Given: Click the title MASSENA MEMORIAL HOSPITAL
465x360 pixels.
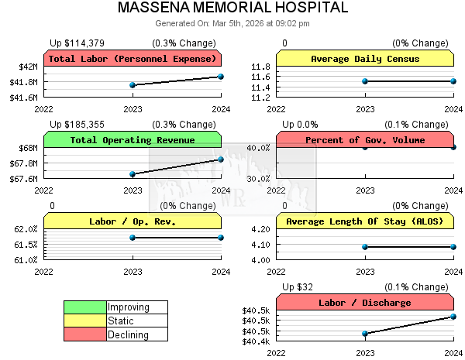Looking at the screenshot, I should (x=232, y=9).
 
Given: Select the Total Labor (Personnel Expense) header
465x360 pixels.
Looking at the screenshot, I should (x=132, y=59).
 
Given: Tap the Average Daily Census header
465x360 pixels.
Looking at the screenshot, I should (x=364, y=59).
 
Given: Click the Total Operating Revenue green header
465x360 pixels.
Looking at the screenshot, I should (x=132, y=140).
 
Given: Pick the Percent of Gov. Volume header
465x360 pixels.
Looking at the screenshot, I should (x=364, y=140).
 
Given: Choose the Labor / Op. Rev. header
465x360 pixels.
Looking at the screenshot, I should (x=132, y=221).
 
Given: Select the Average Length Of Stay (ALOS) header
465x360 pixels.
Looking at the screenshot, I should (x=364, y=221).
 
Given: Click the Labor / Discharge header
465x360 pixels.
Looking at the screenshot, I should (x=364, y=303).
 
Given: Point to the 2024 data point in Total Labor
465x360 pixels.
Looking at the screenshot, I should (x=221, y=77).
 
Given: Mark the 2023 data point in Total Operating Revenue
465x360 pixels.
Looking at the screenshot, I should (x=133, y=174).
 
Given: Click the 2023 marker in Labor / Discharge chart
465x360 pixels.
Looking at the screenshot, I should (x=365, y=334).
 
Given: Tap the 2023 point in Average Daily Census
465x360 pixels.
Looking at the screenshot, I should (x=365, y=81).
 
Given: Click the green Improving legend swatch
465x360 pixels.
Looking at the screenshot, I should (x=85, y=307).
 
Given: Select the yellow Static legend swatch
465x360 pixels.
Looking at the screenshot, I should (x=85, y=321).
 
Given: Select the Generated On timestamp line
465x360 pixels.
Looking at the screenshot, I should (x=232, y=23).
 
